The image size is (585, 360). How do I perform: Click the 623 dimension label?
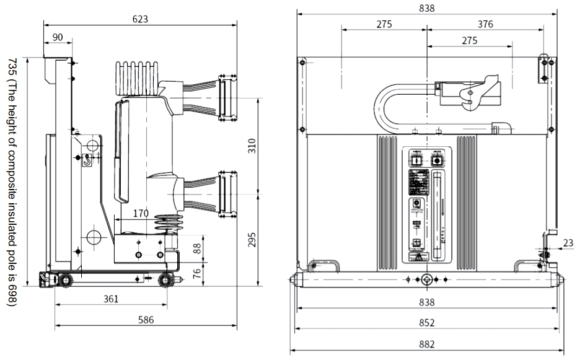pos(140,19)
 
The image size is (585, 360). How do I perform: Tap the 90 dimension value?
pos(57,37)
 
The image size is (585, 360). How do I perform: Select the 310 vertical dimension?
pos(252,146)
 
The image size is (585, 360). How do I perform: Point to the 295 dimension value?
pos(252,240)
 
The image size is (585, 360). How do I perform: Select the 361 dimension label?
pos(110,299)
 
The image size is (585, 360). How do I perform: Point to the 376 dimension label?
pos(485,24)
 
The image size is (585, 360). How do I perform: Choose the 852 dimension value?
pos(427,323)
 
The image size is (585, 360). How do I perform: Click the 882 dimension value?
pos(427,344)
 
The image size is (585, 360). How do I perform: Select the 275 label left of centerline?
pos(384,24)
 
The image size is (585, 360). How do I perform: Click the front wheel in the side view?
pos(165,280)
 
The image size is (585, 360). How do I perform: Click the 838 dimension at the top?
pos(427,8)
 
